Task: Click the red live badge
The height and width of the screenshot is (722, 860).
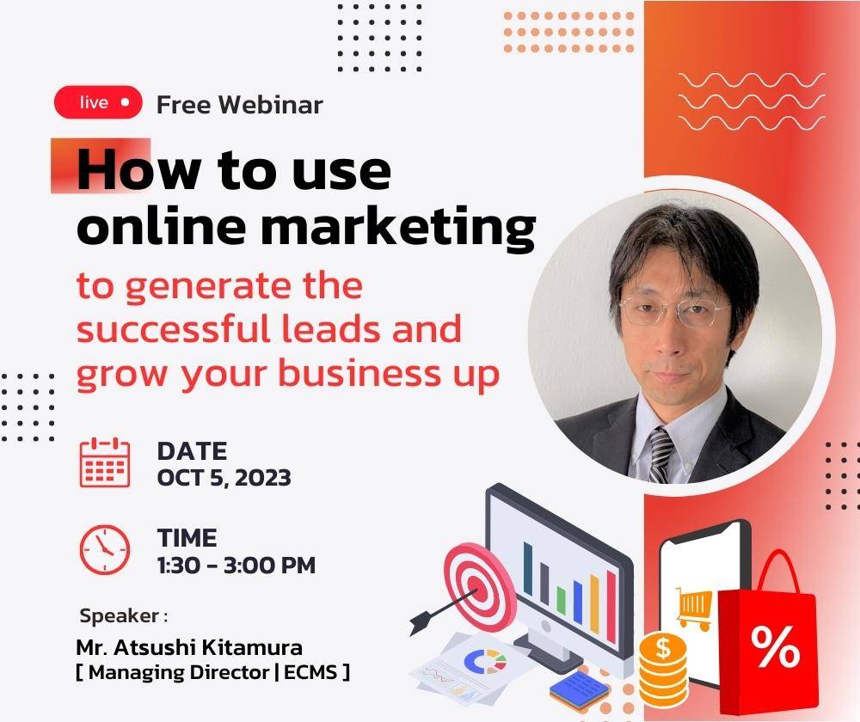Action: click(98, 102)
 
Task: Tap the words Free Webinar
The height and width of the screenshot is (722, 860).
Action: click(240, 105)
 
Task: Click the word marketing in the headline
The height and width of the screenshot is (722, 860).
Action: click(398, 226)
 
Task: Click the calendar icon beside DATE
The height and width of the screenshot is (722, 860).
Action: click(105, 462)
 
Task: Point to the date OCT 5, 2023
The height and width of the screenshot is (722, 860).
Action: click(224, 478)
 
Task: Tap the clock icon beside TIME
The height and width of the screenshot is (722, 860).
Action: click(105, 549)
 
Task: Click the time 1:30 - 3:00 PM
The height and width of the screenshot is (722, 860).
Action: click(236, 566)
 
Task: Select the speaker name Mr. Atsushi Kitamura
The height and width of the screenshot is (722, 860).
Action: click(189, 647)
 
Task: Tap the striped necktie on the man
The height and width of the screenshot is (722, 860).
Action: click(660, 454)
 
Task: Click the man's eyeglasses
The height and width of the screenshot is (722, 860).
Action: click(674, 311)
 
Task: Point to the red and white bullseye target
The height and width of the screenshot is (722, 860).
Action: click(480, 586)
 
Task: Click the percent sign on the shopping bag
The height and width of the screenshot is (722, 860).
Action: click(775, 647)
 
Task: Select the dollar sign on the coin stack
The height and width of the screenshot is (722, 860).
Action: click(664, 648)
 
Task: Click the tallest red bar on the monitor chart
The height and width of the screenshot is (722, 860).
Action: click(611, 606)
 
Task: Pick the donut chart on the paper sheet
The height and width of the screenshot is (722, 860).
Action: click(485, 661)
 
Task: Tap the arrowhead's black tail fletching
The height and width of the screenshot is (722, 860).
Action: click(421, 624)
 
